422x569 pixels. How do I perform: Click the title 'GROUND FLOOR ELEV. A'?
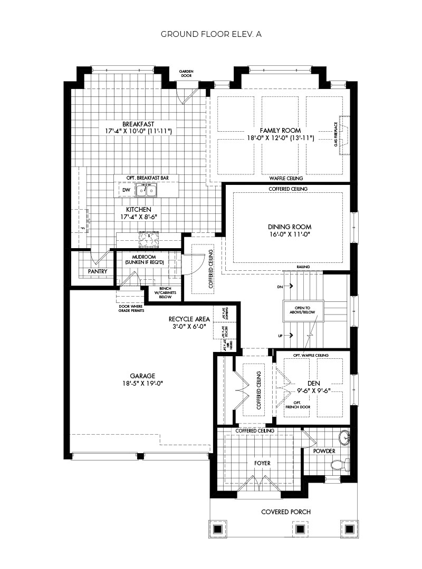pos(211,34)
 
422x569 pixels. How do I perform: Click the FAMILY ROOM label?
pos(280,130)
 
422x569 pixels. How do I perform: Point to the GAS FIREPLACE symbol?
pos(344,135)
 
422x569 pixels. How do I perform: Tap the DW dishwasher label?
pos(126,190)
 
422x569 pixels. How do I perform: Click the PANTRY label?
pos(98,272)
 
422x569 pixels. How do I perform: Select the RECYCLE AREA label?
pos(189,319)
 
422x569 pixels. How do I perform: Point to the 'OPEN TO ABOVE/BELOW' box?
pos(299,310)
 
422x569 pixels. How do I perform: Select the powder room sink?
pos(344,437)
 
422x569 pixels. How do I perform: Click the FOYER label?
pos(262,463)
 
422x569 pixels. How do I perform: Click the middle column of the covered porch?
pos(300,529)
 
